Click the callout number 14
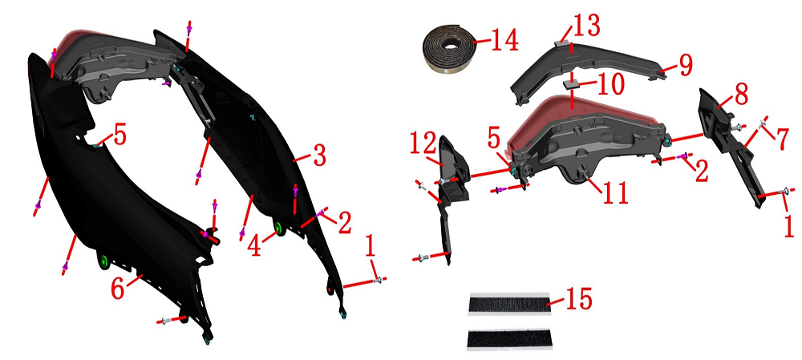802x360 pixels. coord(499,40)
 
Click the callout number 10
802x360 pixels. coord(607,84)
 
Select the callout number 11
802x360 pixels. coord(614,192)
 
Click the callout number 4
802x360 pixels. coord(255,246)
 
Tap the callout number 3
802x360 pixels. coord(319,157)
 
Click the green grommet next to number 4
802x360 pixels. coord(279,228)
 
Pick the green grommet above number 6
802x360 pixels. coord(103,261)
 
